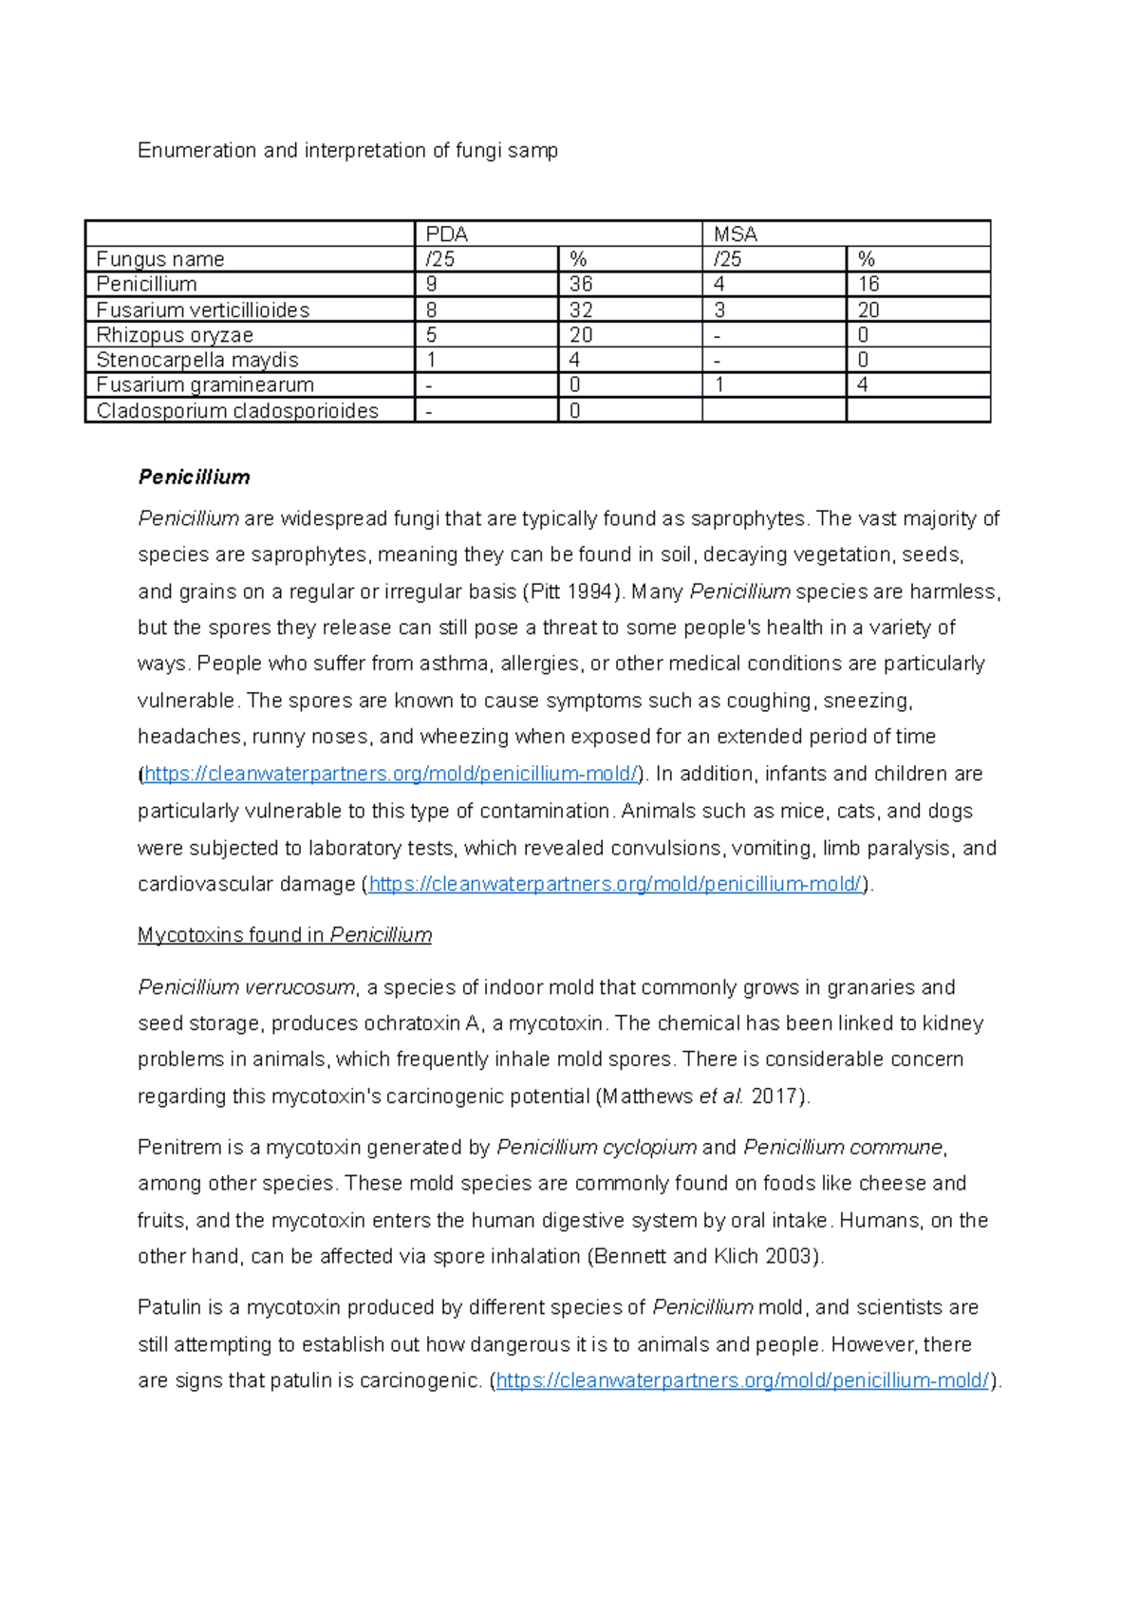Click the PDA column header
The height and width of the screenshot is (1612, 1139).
pos(447,234)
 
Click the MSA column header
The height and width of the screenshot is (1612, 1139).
pos(736,234)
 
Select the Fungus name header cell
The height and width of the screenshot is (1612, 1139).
pos(160,259)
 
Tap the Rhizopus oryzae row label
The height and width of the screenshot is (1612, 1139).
pos(175,335)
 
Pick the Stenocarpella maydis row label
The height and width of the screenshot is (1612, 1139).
pos(197,360)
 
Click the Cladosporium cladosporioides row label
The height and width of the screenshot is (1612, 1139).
pos(237,411)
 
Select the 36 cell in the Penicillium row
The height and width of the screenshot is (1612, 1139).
pos(581,284)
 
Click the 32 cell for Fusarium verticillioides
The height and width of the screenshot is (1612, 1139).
pos(581,309)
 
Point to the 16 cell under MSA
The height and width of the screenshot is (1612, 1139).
pos(868,284)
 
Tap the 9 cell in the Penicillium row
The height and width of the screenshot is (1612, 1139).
pos(432,284)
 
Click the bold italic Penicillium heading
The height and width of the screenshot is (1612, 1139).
pos(194,478)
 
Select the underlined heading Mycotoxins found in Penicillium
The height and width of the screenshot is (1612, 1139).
pos(284,935)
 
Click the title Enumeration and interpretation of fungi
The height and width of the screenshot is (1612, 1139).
pos(347,151)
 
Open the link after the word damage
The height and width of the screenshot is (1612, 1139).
pos(615,885)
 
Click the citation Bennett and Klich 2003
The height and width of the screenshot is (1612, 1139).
pos(705,1257)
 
